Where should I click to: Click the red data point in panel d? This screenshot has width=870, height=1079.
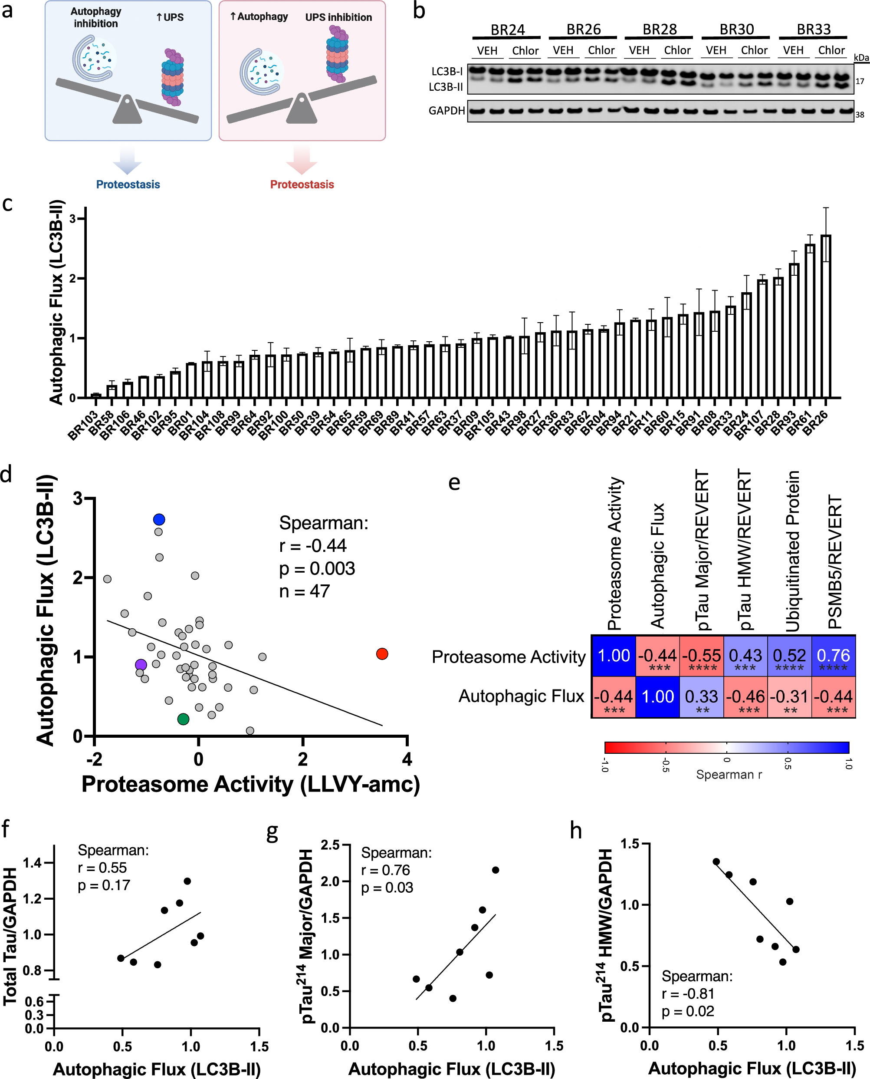point(382,654)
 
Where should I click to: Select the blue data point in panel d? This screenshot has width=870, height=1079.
point(159,519)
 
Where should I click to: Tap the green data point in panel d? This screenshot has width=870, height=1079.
point(184,719)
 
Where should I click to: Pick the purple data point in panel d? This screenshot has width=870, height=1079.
point(141,665)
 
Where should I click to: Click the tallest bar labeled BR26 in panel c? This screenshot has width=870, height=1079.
point(825,316)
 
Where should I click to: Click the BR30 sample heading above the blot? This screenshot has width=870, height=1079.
point(736,30)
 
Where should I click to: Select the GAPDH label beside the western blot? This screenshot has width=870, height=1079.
point(446,111)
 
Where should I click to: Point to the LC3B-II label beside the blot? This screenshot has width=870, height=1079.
point(446,87)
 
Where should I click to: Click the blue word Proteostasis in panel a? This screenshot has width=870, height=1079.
point(128,185)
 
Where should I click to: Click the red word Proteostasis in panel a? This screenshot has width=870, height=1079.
point(302,185)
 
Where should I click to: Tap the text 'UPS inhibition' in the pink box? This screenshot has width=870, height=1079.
point(338,17)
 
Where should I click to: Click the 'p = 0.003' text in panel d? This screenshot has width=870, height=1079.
point(317,568)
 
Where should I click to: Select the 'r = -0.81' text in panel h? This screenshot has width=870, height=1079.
point(688,993)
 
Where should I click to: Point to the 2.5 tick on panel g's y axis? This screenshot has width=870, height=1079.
point(330,845)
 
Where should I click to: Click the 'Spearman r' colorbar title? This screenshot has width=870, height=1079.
point(729,775)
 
